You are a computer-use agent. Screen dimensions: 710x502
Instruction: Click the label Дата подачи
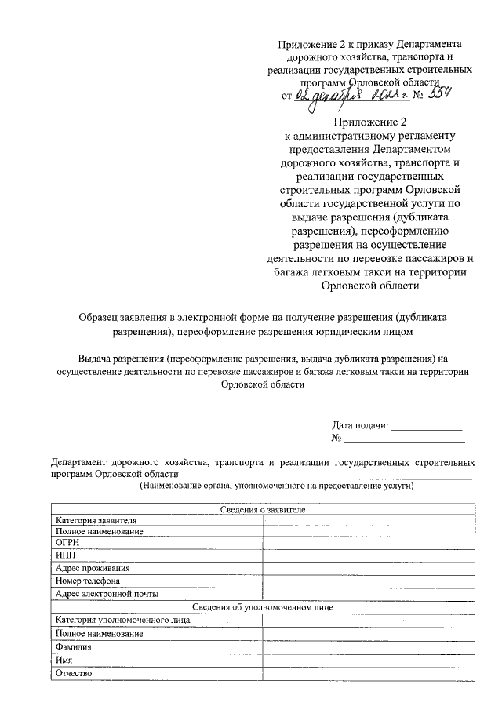pos(360,425)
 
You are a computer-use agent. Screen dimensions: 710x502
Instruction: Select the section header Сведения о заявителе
pos(262,509)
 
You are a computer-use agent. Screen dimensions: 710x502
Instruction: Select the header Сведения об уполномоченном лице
pos(262,606)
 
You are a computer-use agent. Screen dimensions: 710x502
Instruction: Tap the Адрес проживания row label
pos(93,568)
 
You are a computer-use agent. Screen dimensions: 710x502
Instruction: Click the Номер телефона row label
pos(88,581)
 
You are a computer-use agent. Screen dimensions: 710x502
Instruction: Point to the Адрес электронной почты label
pos(107,594)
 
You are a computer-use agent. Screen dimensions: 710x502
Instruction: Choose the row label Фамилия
pos(74,647)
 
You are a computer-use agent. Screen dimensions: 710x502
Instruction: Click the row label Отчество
pos(75,674)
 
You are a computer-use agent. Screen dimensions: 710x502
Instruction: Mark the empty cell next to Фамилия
pos(368,647)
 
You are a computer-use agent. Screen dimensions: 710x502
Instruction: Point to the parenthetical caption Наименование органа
pos(277,486)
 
